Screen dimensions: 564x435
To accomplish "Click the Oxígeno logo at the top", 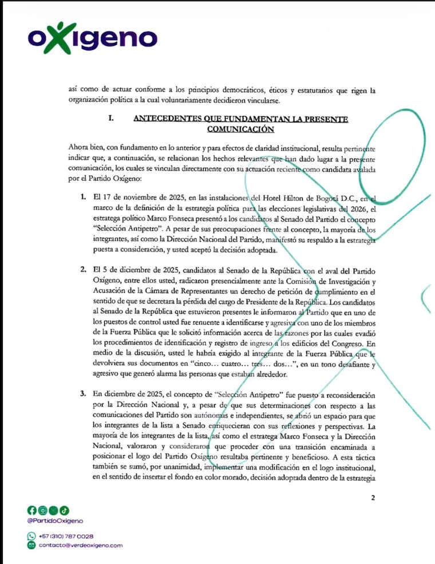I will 92,38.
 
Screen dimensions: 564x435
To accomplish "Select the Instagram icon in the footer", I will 42,510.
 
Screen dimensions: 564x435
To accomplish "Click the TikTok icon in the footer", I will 64,510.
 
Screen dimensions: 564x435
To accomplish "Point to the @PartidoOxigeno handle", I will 55,520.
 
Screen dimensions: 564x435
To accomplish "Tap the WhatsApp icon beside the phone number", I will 31,536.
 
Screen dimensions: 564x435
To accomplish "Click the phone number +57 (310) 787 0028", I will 66,536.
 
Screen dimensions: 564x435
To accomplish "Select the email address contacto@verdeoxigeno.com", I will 81,546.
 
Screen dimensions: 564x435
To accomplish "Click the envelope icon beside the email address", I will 31,546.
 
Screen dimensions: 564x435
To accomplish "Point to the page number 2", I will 373,498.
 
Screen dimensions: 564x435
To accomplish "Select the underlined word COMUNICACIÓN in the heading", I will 240,129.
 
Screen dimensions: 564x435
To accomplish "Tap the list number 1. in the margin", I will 83,198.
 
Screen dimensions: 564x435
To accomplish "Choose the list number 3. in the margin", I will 83,395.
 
